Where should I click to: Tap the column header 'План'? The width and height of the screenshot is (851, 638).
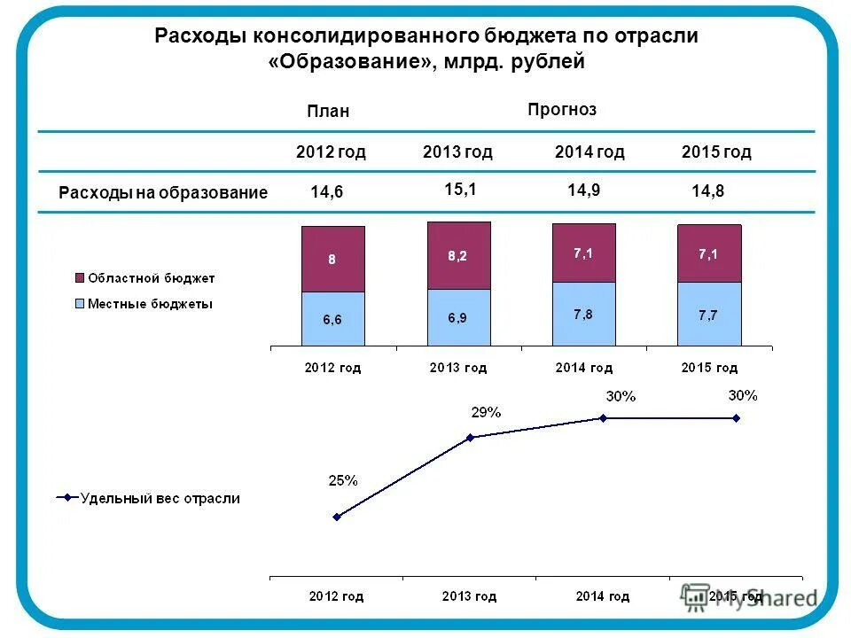point(328,111)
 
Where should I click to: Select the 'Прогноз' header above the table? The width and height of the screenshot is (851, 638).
point(562,109)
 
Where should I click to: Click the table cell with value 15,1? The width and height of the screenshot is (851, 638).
point(461,188)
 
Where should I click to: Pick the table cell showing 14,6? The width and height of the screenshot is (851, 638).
point(326,192)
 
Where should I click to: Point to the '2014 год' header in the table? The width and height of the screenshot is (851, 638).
point(589,152)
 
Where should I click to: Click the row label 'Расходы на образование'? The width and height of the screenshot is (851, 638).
point(162,192)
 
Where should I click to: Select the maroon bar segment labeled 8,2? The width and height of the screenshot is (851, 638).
point(458,255)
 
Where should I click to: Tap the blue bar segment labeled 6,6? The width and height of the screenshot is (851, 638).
point(332,319)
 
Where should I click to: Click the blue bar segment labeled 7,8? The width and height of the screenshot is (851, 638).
point(583,314)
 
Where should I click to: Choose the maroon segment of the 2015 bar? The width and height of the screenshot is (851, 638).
point(709,253)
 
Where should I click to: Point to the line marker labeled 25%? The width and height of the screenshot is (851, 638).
point(336,517)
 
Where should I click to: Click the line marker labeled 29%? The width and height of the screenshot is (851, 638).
point(470,437)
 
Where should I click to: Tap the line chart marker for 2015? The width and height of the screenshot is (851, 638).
point(736,418)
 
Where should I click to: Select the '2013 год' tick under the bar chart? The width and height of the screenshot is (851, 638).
point(458,367)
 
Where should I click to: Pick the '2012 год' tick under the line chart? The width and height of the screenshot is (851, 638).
point(336,596)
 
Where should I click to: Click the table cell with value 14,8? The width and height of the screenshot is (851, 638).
point(707,191)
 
